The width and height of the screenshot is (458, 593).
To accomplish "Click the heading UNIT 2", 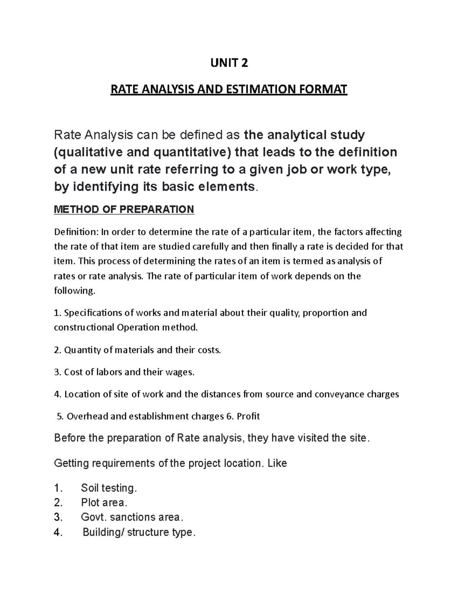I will [x=229, y=63].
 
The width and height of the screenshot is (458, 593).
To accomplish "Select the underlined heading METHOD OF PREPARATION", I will [x=124, y=210].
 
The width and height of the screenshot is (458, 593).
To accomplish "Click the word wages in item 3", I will [x=181, y=372].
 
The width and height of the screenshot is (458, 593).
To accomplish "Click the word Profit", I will [x=248, y=416].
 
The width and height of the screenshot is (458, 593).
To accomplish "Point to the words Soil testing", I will [x=108, y=488].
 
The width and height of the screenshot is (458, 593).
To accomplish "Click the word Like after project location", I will [x=277, y=464].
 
